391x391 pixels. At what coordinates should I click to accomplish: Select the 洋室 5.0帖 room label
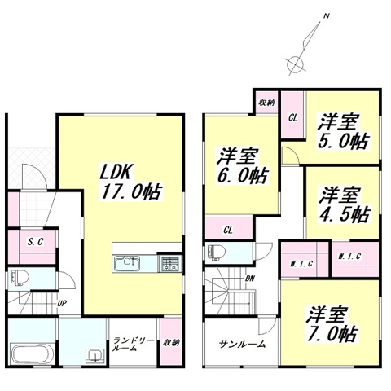click(x=342, y=130)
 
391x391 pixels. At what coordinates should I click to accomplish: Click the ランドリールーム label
click(x=134, y=345)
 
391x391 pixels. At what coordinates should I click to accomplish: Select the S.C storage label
click(x=34, y=242)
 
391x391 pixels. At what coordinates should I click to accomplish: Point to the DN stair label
click(x=249, y=279)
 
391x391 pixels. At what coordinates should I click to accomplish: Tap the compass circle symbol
click(x=295, y=61)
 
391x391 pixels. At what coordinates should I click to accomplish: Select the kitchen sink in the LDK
click(x=127, y=264)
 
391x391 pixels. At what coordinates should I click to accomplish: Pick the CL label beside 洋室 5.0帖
click(x=292, y=117)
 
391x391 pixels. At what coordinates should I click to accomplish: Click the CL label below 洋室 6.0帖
click(x=228, y=230)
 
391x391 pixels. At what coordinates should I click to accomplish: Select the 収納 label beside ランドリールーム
click(x=170, y=343)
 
